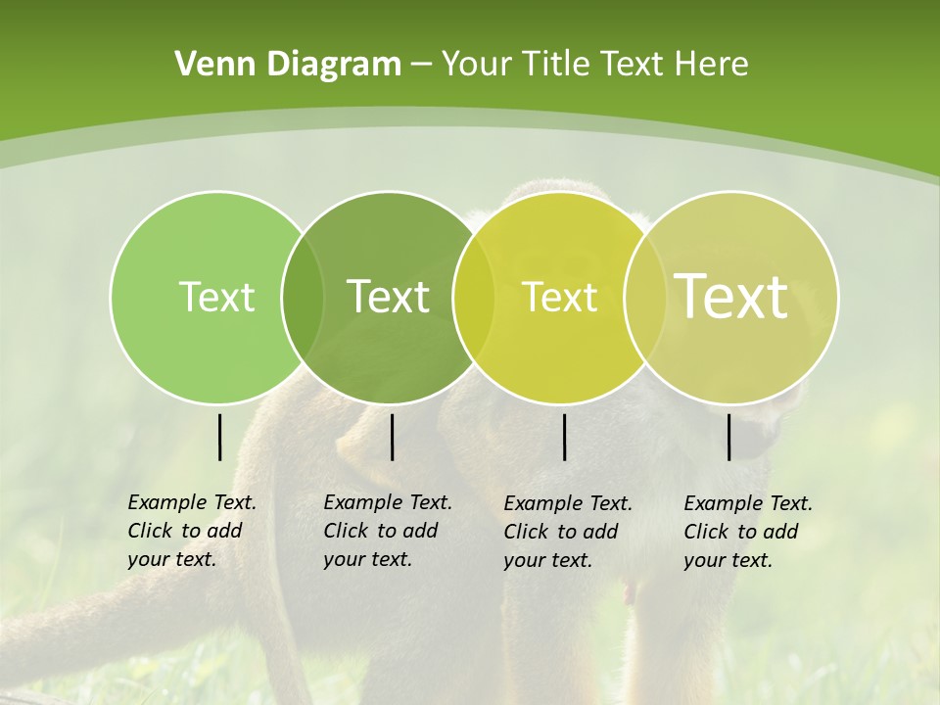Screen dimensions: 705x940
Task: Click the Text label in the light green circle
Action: (x=216, y=297)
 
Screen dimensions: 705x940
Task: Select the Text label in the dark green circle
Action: (x=389, y=297)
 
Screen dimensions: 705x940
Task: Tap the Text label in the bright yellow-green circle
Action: (x=560, y=297)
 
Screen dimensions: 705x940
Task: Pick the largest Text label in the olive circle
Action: (x=731, y=297)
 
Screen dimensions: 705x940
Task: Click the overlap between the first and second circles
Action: (x=303, y=298)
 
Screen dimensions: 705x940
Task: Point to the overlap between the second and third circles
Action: (x=474, y=298)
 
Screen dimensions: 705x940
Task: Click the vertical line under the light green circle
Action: (x=219, y=437)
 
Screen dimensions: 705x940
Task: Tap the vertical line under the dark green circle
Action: (x=392, y=437)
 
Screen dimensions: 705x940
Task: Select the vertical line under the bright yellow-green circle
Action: (x=564, y=437)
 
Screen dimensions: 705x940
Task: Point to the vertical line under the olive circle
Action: (x=728, y=437)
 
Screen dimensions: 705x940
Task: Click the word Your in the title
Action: (x=477, y=65)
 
